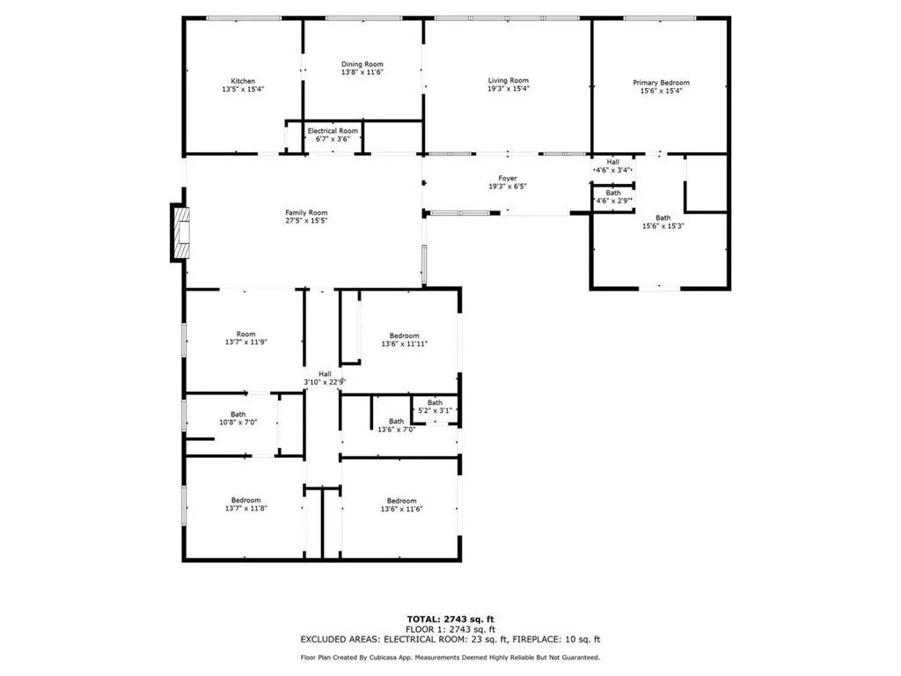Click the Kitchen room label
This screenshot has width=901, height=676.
(243, 81)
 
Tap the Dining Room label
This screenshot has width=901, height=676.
(362, 63)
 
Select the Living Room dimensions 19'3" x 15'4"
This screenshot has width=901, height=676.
(509, 89)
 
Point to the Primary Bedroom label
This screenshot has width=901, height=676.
(661, 82)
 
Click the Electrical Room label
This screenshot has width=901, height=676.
(333, 130)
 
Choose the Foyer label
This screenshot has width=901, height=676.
(508, 178)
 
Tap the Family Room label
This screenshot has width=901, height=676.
(305, 212)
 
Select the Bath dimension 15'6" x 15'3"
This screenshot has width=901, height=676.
(663, 226)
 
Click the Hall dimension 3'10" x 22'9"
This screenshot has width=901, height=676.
(325, 382)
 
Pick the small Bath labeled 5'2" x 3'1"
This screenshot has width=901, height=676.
(435, 406)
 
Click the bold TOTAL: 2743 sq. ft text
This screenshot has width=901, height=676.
(450, 619)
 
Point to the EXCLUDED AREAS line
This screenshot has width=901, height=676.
(450, 640)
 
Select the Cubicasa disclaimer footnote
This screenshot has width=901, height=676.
(450, 658)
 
